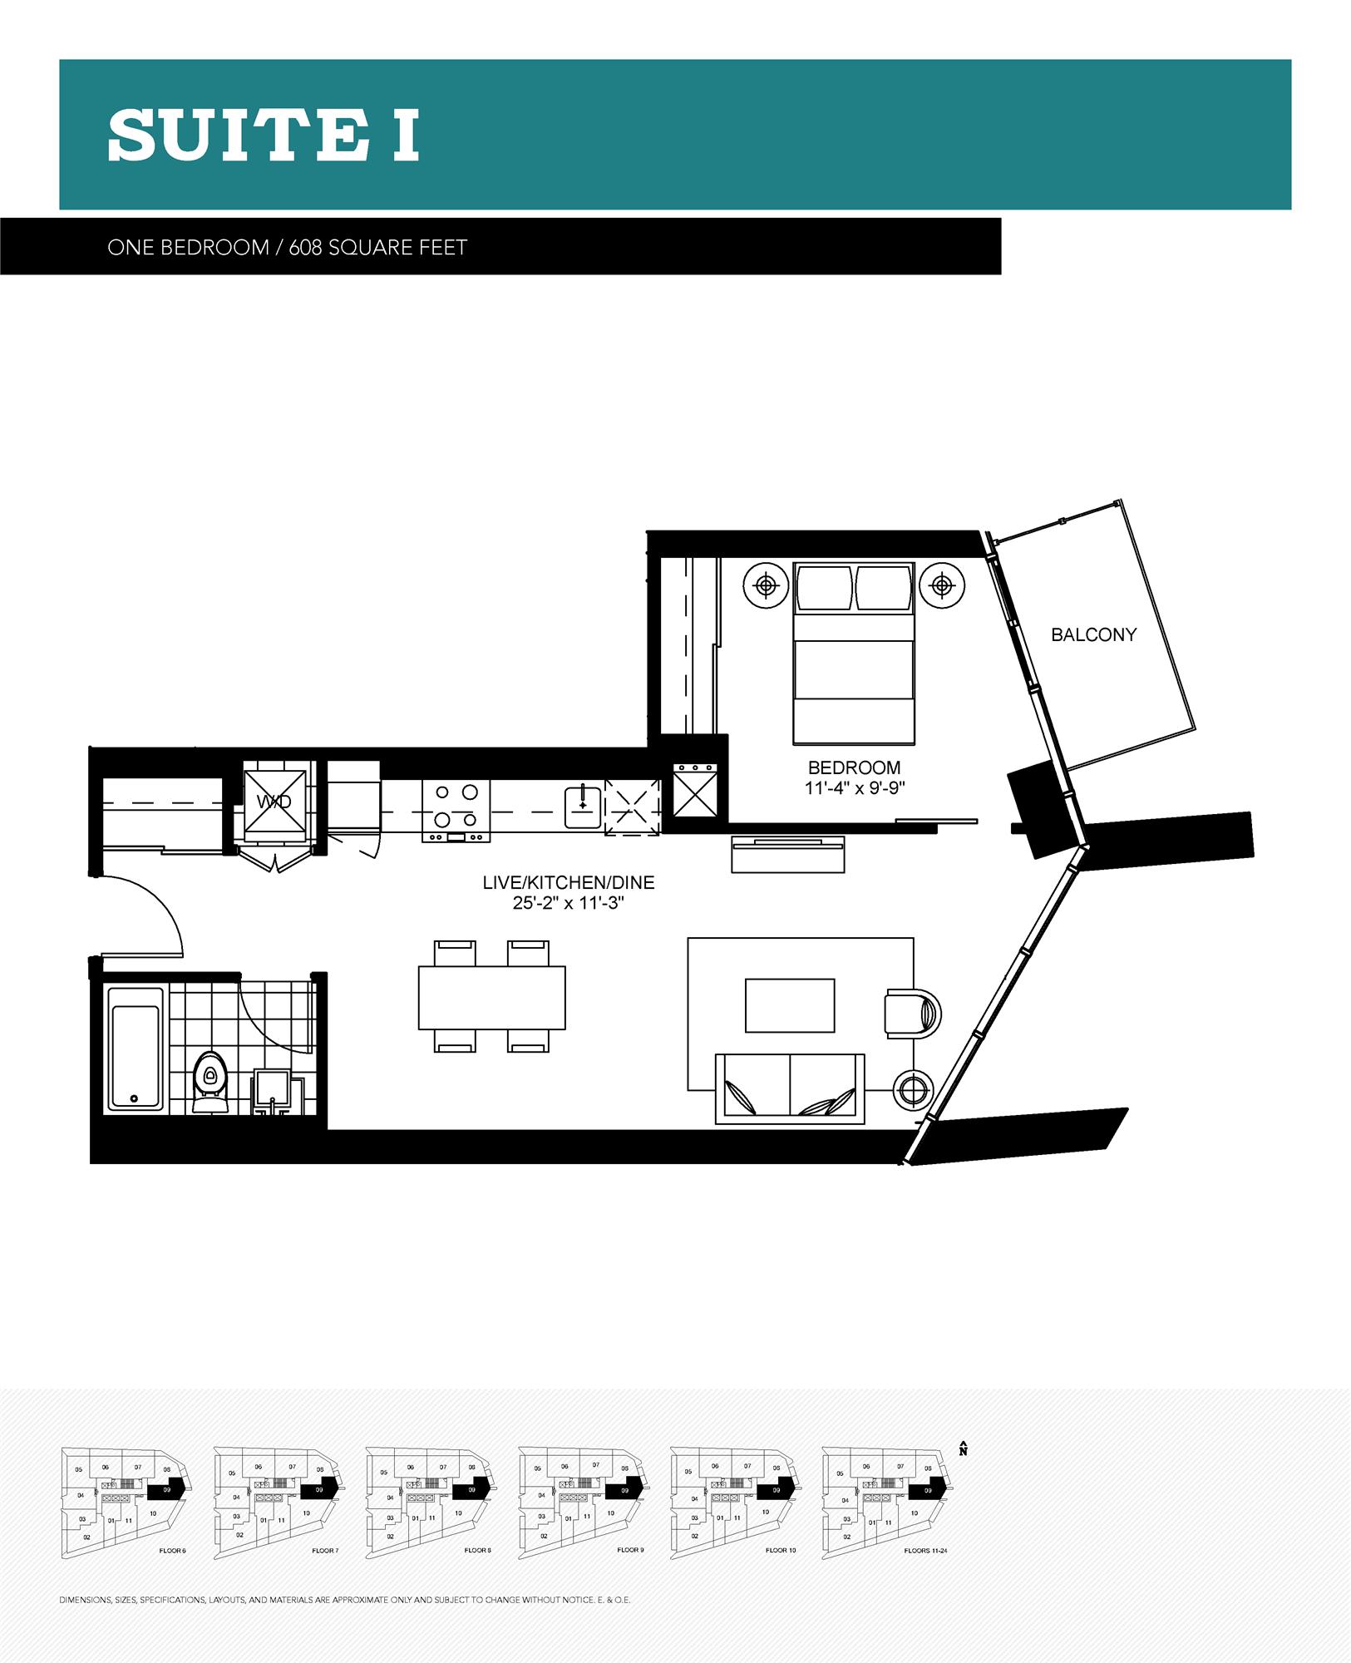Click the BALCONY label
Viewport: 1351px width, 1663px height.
tap(1093, 634)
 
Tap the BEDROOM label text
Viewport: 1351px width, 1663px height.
tap(854, 767)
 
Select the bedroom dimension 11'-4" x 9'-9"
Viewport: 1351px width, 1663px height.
tap(854, 787)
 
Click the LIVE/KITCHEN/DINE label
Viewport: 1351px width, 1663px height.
tap(569, 883)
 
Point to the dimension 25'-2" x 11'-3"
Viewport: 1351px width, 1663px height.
tap(569, 902)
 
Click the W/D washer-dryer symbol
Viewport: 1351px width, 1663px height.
tap(274, 802)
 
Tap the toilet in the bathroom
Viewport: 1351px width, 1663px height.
tap(210, 1081)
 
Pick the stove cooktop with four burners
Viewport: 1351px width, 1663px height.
tap(456, 807)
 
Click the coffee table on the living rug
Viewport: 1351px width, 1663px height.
tap(790, 1005)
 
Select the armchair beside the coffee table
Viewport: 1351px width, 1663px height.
tap(912, 1014)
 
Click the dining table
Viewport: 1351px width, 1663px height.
tap(491, 997)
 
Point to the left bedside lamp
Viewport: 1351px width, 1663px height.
tap(767, 586)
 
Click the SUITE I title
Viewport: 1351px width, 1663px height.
tap(264, 135)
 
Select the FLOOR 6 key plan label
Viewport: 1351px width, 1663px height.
tap(172, 1551)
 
